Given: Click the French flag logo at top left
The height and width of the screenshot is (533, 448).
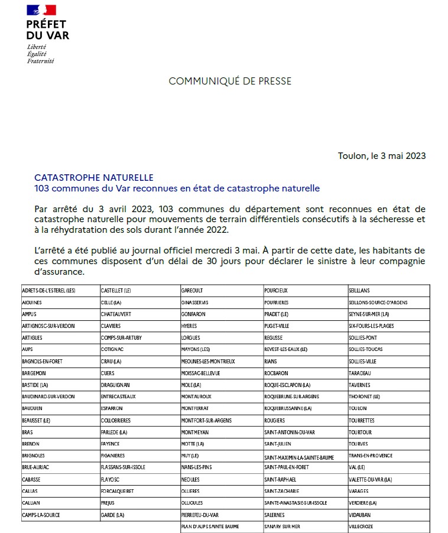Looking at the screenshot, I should point(41,10).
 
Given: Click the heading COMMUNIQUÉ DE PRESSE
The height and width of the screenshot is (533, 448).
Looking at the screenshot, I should point(230,81).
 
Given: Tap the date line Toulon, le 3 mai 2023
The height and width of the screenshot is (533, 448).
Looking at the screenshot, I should point(382,156).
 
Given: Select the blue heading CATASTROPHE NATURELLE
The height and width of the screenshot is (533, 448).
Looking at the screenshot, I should point(94,177).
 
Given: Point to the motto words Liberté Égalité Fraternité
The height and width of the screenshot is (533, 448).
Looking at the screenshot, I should point(40,54).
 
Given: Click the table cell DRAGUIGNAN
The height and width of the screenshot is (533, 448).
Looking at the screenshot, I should point(115,385).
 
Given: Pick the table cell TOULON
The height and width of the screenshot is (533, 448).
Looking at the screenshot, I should point(358,408).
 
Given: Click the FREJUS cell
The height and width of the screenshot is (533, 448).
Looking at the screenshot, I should point(108,503).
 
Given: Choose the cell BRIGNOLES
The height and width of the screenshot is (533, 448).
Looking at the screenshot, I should point(34,456).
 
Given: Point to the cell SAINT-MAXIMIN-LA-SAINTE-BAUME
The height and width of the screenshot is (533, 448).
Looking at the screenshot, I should point(299,457).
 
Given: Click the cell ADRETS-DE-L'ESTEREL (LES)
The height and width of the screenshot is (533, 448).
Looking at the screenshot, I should point(48,290).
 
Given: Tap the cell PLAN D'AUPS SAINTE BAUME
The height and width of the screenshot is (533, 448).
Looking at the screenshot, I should point(210,526).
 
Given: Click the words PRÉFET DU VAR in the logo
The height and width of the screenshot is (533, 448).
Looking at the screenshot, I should point(47,30).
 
